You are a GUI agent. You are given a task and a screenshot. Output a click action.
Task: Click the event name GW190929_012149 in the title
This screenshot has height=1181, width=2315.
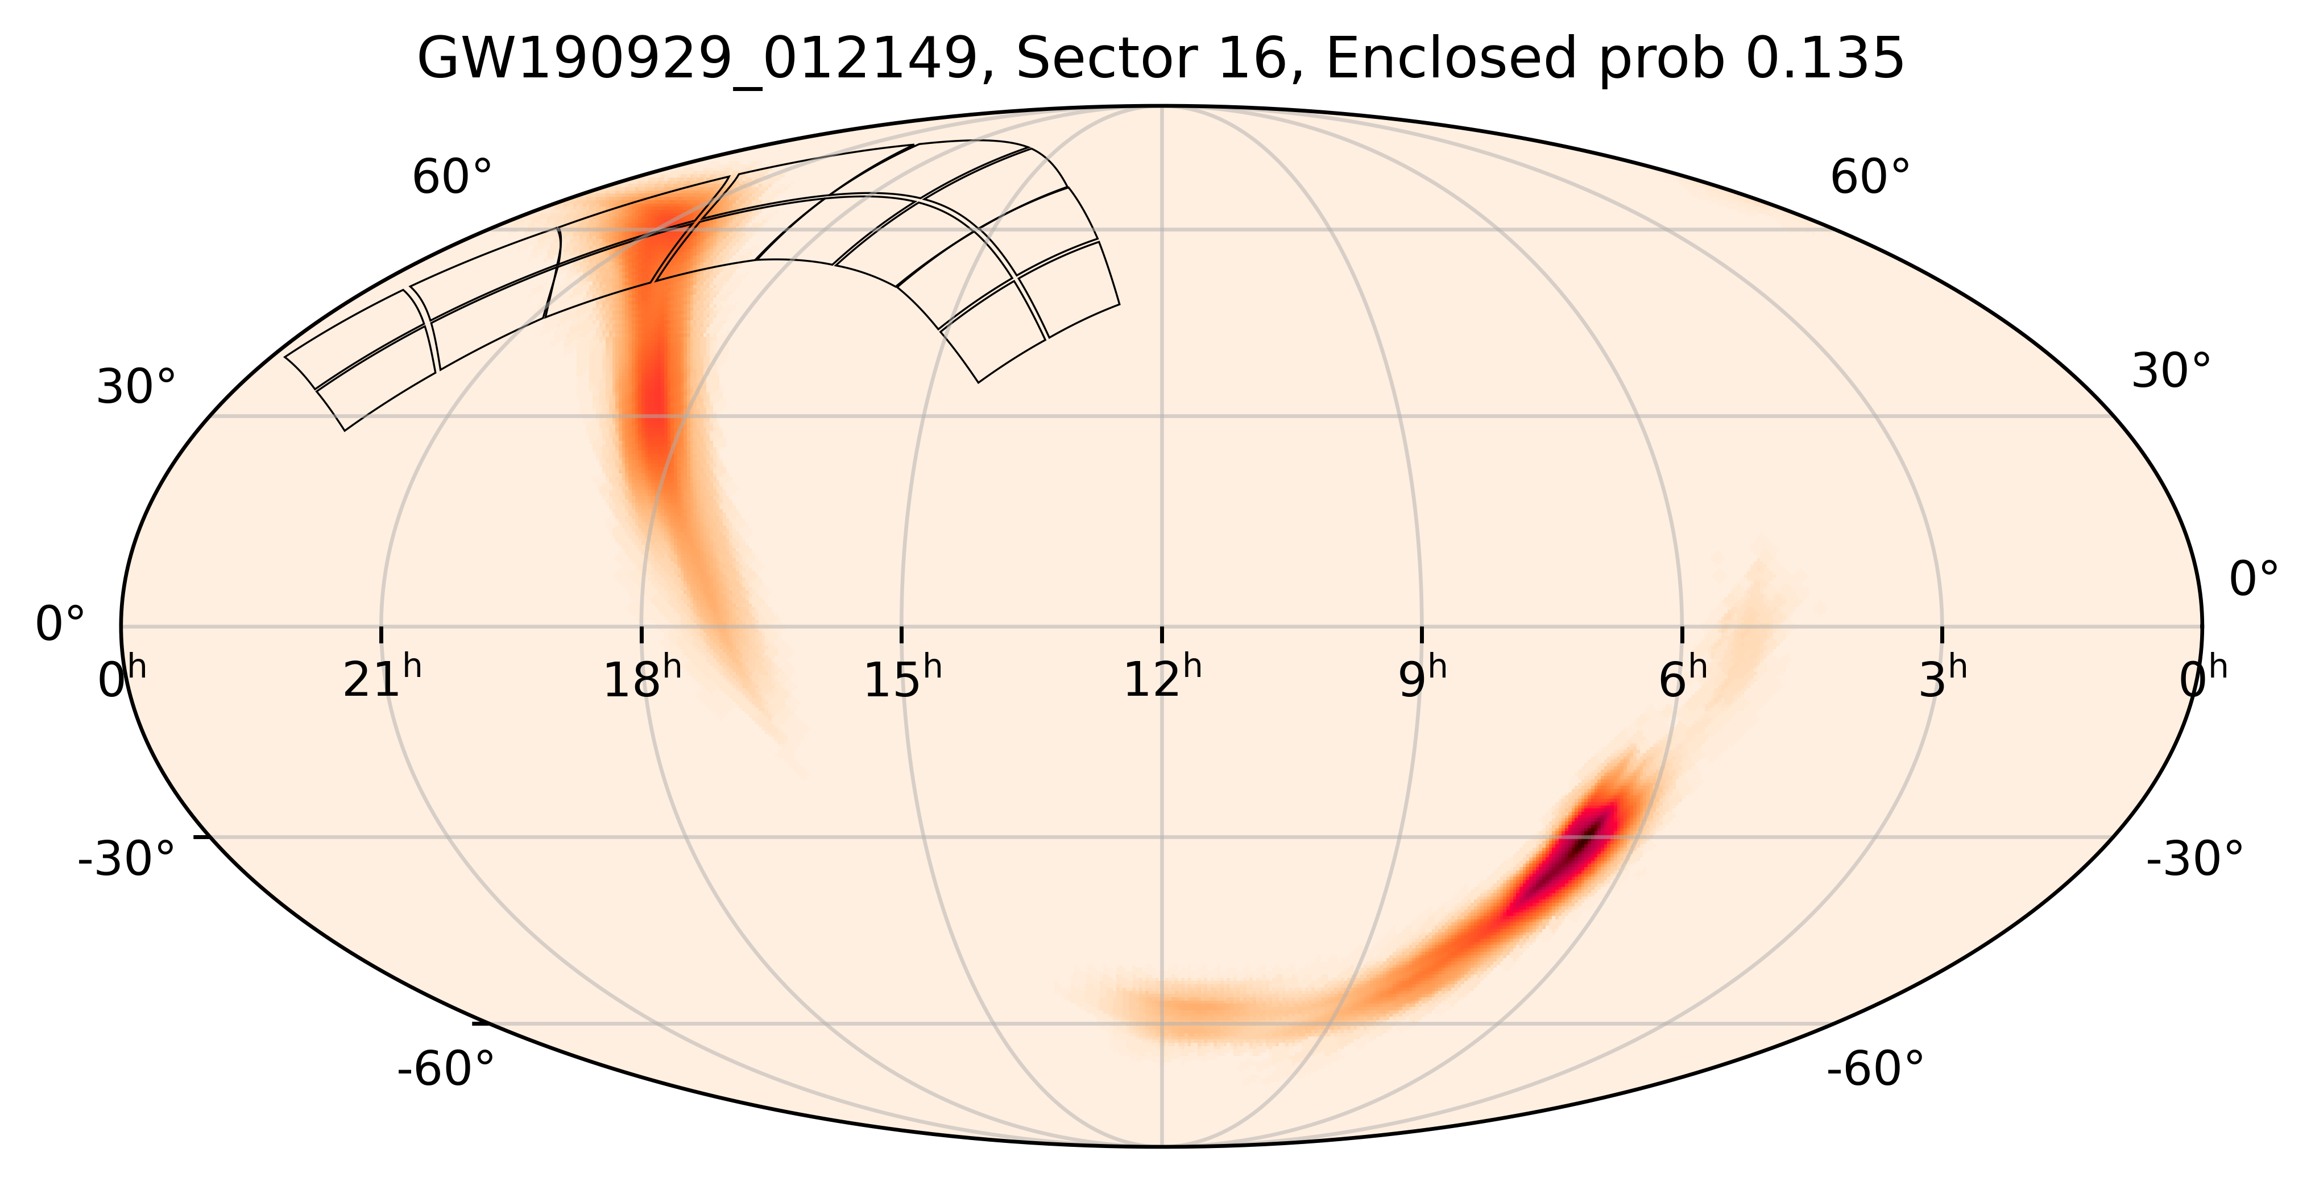click(697, 61)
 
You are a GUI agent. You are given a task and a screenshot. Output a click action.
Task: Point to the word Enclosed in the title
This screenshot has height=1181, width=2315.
click(1451, 61)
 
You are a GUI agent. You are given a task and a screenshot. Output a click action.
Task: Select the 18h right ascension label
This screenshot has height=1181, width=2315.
click(641, 680)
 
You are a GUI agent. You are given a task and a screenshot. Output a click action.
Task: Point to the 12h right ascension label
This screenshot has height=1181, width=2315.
click(1162, 680)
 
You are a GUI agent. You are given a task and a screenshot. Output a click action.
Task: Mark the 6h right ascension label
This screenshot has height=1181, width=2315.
click(1682, 680)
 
